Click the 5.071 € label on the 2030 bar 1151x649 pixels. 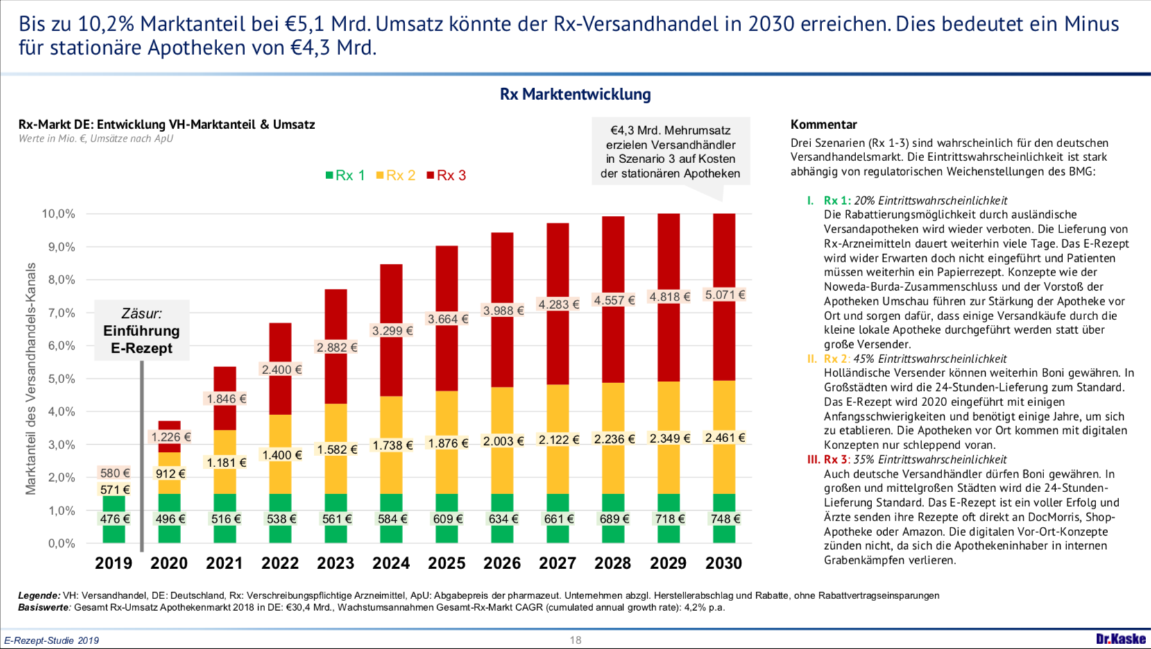pos(724,295)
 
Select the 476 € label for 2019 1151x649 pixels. pos(114,519)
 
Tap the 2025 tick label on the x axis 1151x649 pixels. pos(446,563)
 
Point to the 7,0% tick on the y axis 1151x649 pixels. pos(58,313)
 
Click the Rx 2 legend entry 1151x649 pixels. pos(395,176)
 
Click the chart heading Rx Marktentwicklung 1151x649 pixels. pos(575,94)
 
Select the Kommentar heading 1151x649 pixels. pos(824,125)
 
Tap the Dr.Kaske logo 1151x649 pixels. pos(1120,639)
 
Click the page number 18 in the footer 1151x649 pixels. pos(575,640)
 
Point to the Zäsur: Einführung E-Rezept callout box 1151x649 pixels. pos(142,330)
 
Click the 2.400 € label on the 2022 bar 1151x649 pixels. pos(281,370)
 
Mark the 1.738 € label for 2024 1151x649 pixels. pos(392,446)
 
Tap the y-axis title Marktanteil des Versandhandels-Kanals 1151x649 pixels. pos(31,378)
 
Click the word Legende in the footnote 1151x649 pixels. pos(39,596)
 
